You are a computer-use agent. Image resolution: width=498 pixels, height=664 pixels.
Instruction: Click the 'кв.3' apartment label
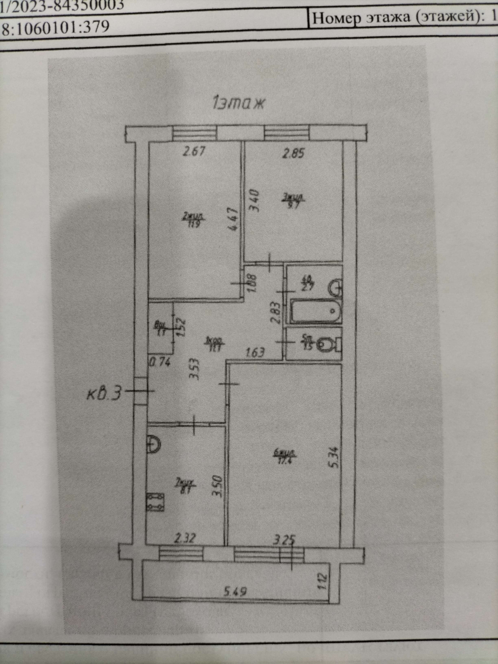pos(105,393)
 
